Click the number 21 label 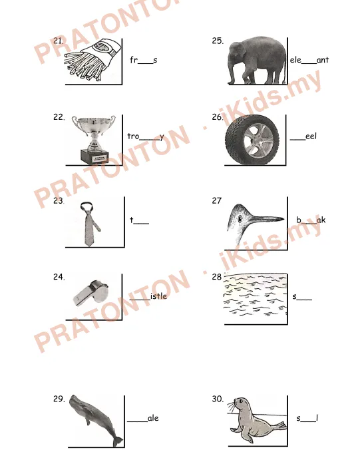58,41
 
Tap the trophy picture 94,140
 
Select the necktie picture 90,224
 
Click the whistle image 91,294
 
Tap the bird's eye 240,219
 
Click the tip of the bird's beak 283,219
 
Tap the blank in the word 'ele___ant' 309,63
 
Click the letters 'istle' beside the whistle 158,296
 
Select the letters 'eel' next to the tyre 311,136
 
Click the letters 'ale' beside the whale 153,418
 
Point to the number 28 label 217,277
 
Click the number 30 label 218,399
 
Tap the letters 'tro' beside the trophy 133,136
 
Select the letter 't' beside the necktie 132,220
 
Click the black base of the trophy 94,156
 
